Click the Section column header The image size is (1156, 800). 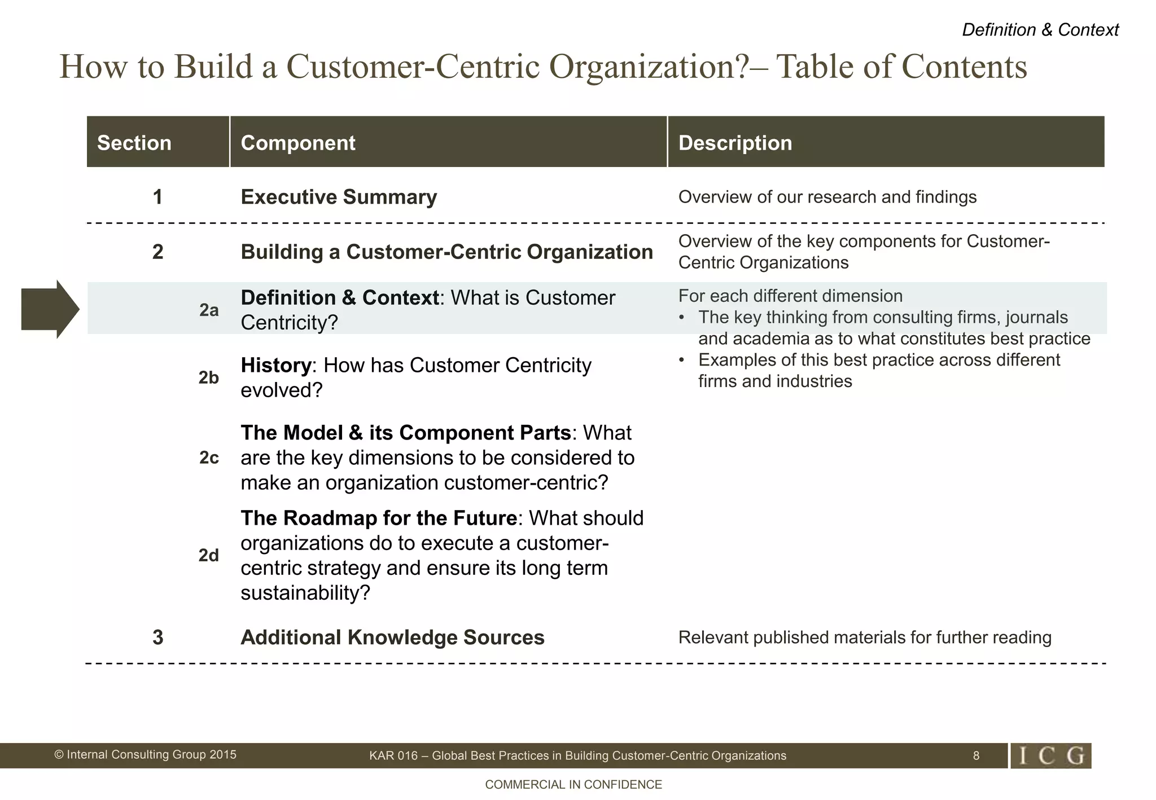134,143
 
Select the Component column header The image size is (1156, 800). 298,143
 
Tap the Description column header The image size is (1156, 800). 735,143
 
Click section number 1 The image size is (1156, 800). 157,197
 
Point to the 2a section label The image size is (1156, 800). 209,310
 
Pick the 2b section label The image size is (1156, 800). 208,377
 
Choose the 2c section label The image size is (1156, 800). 209,458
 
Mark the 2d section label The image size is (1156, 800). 208,556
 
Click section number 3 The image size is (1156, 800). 157,638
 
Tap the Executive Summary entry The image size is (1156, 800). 339,197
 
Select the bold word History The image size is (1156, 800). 275,366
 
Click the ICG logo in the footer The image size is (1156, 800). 1051,756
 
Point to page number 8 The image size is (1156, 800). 976,756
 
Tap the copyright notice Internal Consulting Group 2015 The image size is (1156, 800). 145,755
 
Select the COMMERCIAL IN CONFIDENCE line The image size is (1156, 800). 573,785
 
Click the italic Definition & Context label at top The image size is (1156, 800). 1040,30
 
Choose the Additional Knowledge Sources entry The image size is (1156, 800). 392,638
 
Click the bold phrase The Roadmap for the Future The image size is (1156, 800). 379,518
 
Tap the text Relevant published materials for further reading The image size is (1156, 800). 864,638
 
